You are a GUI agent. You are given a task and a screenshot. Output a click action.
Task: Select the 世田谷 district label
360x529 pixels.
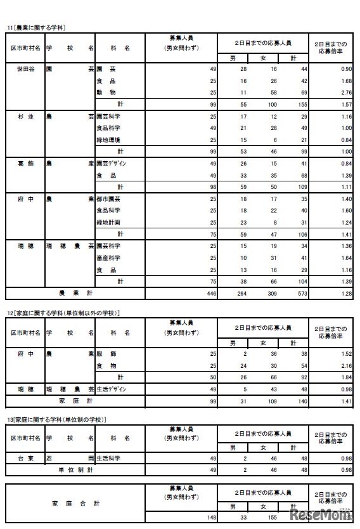(25, 68)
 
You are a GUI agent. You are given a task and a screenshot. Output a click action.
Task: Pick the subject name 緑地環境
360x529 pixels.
(109, 140)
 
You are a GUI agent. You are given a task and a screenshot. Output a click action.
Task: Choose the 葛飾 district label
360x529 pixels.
(25, 163)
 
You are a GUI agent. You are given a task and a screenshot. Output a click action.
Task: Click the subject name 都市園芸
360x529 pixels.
(109, 199)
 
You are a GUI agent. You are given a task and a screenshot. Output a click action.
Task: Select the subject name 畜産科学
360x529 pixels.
(109, 258)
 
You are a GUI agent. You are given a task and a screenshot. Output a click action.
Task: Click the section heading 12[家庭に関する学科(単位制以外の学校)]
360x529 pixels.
(63, 313)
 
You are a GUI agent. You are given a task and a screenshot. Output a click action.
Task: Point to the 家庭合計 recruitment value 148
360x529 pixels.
(210, 518)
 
